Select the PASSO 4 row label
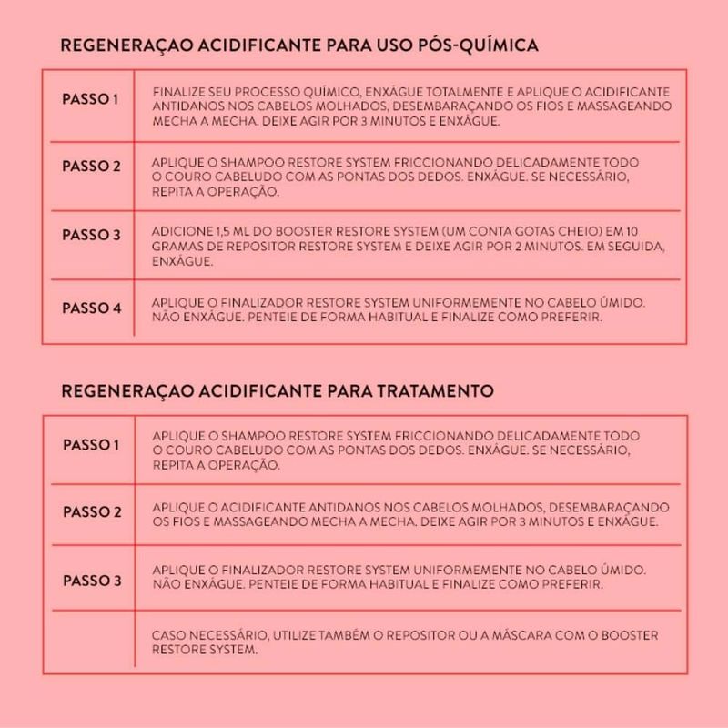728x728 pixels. tap(91, 308)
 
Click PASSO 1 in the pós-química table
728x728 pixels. tap(91, 98)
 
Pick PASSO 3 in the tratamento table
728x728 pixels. tap(91, 581)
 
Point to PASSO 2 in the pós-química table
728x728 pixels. tap(91, 167)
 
